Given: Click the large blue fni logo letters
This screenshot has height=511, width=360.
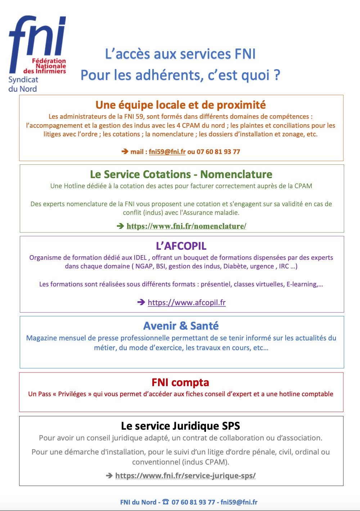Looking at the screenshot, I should pyautogui.click(x=37, y=38).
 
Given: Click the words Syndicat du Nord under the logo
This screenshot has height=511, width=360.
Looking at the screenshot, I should pyautogui.click(x=23, y=84).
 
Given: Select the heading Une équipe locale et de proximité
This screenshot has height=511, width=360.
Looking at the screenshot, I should pyautogui.click(x=180, y=105).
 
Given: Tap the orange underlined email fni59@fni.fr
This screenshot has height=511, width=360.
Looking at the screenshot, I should pyautogui.click(x=167, y=152).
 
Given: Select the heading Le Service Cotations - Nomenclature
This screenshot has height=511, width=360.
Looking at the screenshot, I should pyautogui.click(x=181, y=174).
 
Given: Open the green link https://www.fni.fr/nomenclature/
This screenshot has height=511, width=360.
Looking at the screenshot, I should pyautogui.click(x=186, y=226).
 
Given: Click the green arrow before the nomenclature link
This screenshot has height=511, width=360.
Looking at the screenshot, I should pyautogui.click(x=120, y=226).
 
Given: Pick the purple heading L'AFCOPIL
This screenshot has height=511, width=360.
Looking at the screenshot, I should pyautogui.click(x=181, y=246).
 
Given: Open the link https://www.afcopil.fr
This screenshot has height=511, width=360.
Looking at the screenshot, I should pyautogui.click(x=186, y=302).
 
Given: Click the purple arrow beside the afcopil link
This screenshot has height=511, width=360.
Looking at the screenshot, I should pyautogui.click(x=141, y=302).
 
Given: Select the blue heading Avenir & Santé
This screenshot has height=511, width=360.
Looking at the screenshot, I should pyautogui.click(x=181, y=326).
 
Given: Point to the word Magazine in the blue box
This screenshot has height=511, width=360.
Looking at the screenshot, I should pyautogui.click(x=41, y=338).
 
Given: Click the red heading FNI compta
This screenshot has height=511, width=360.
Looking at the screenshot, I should pyautogui.click(x=180, y=382).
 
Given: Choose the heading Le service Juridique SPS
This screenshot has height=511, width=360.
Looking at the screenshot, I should pyautogui.click(x=180, y=426).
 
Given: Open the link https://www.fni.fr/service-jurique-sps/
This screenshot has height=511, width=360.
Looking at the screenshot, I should pyautogui.click(x=185, y=475).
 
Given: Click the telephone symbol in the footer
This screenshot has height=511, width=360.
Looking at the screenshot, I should pyautogui.click(x=165, y=502).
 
